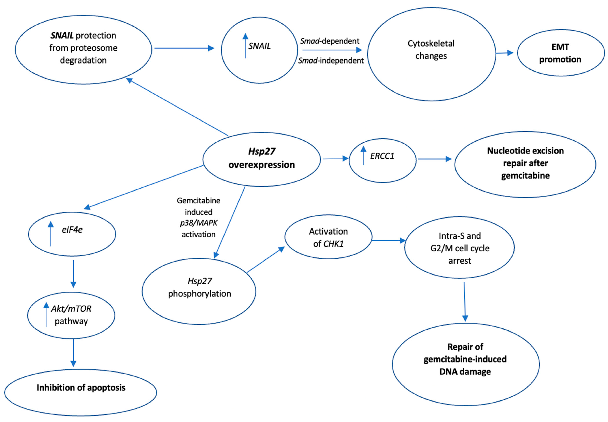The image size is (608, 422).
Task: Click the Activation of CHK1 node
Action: pyautogui.click(x=328, y=237)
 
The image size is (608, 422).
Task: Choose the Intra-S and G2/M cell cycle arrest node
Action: pyautogui.click(x=459, y=248)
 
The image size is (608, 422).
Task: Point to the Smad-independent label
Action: pyautogui.click(x=331, y=61)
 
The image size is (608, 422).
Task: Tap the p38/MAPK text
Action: pyautogui.click(x=199, y=223)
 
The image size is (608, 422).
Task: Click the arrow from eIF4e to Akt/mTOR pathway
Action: pyautogui.click(x=73, y=274)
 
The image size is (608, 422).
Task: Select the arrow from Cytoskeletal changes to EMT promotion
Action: pyautogui.click(x=504, y=53)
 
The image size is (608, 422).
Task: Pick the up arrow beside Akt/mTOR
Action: pyautogui.click(x=46, y=315)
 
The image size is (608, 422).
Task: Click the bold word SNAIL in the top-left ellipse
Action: pyautogui.click(x=62, y=35)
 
